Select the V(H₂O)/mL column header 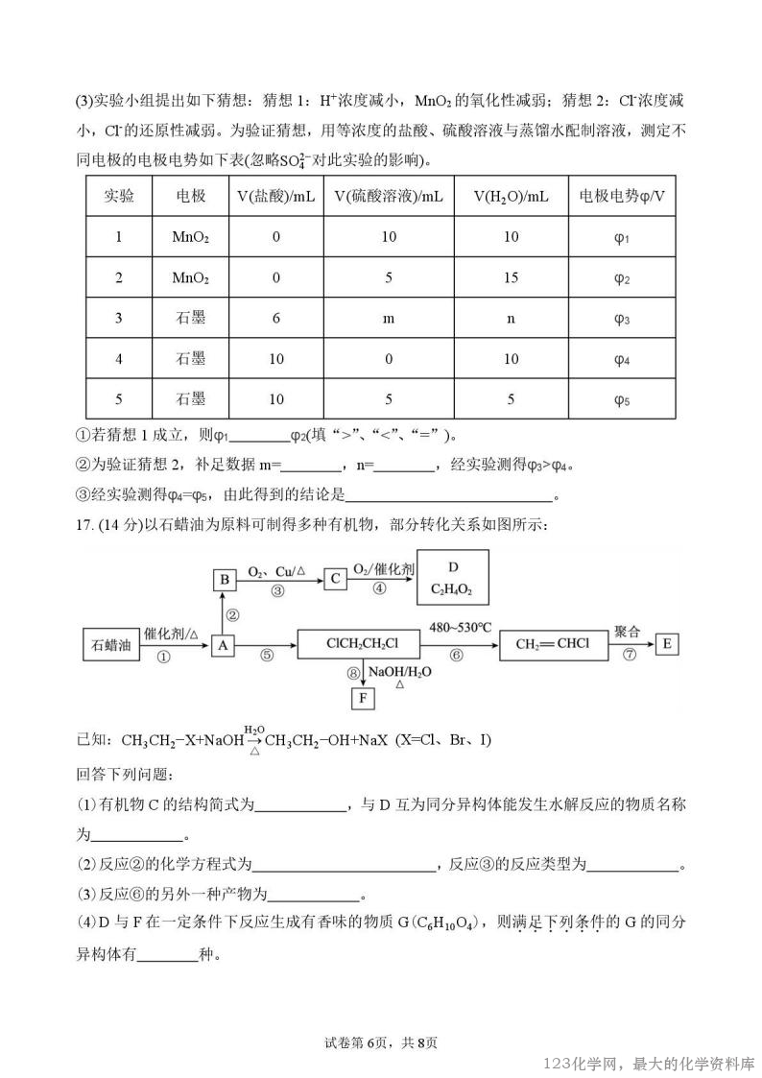(x=511, y=197)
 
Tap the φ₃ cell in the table (x=621, y=319)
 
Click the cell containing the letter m (x=389, y=319)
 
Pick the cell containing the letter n (x=511, y=319)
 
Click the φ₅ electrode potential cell (x=621, y=399)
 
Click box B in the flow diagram (x=224, y=579)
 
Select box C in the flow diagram (x=335, y=579)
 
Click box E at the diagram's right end (x=667, y=645)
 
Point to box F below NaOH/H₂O (x=363, y=698)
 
